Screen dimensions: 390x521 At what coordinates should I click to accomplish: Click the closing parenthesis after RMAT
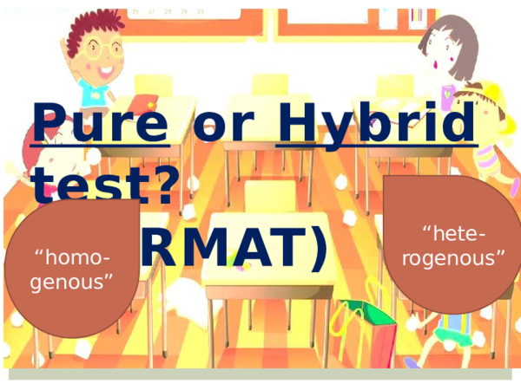318,245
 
